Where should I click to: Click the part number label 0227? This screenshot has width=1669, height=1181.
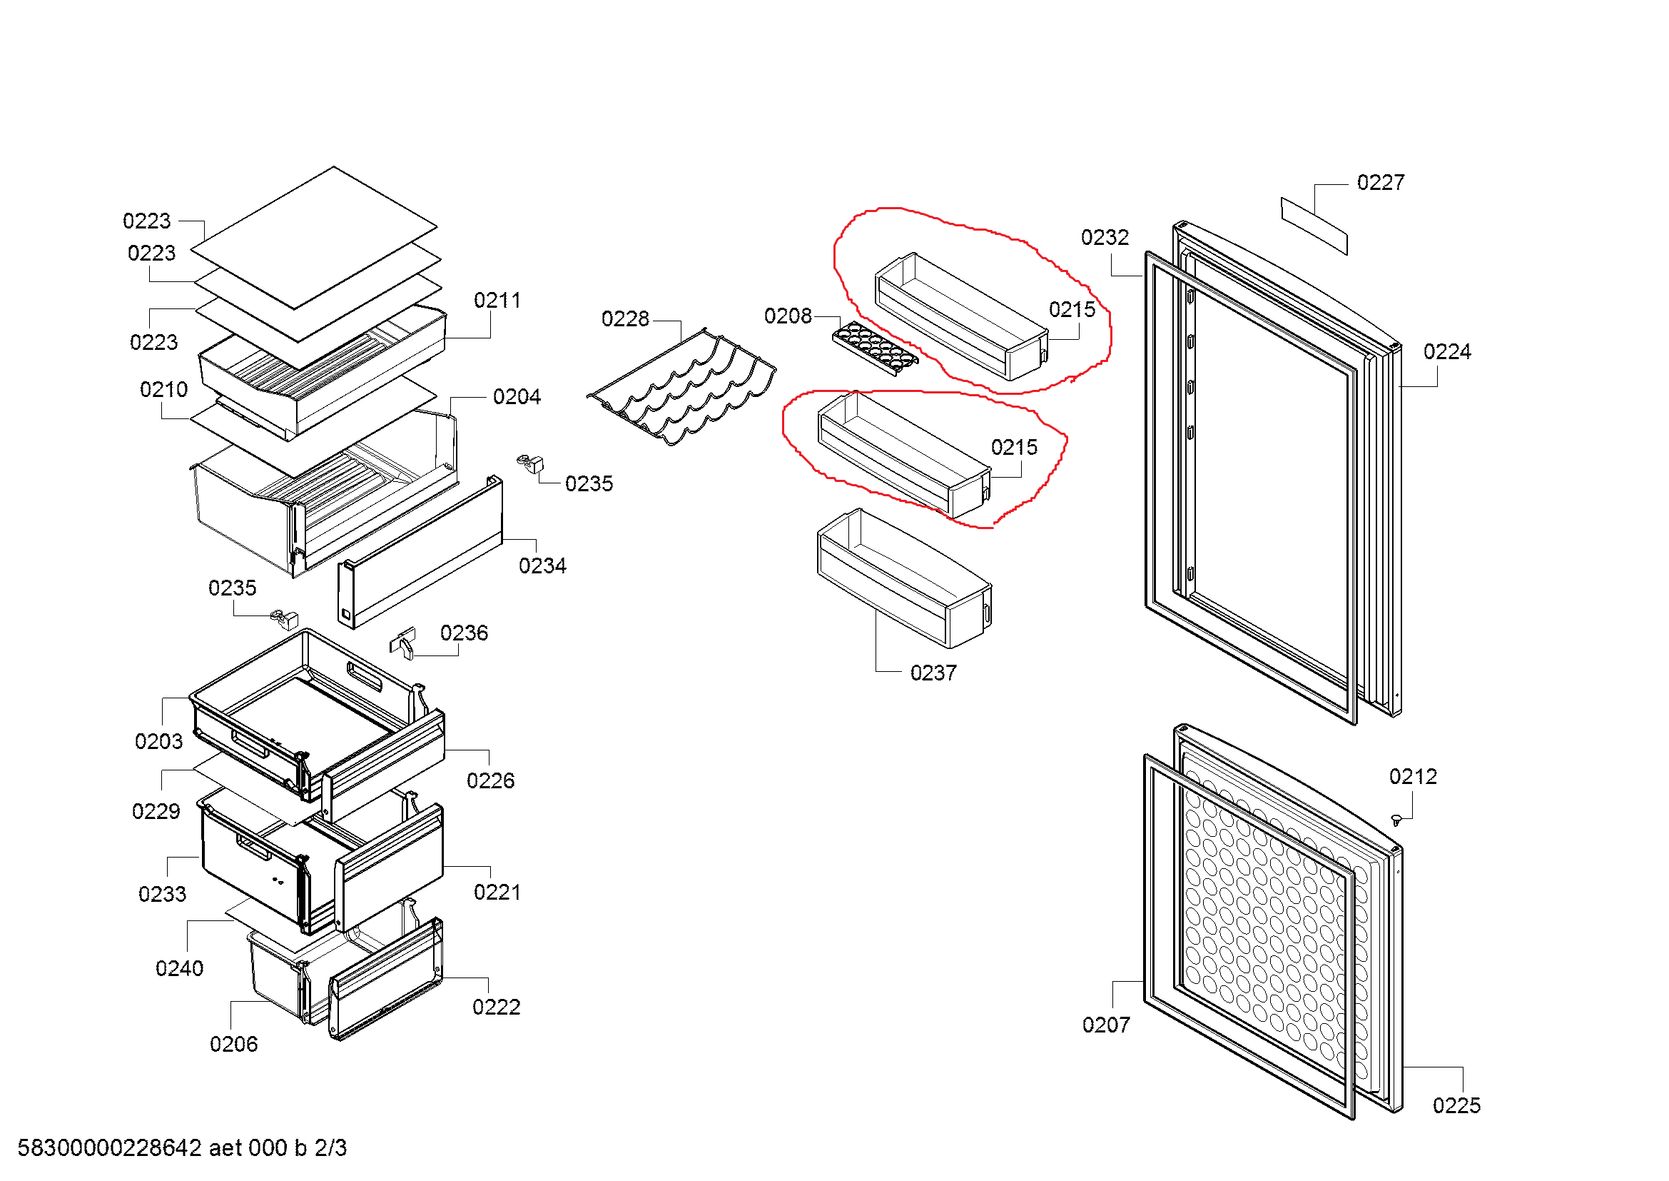1380,183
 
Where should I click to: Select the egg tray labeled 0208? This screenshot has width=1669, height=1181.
874,348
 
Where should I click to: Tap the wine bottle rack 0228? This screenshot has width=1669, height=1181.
682,388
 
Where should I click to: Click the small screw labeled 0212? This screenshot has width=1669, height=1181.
1396,820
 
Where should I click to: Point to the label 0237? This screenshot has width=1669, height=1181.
933,673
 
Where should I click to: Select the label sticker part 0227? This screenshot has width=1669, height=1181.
1314,226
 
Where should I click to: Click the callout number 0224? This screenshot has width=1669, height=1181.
1446,352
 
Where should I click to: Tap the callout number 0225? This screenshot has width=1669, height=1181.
1456,1106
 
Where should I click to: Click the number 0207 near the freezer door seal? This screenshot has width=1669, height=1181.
1105,1025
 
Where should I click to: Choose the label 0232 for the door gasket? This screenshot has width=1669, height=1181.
1104,238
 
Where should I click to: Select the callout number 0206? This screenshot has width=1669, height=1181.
233,1045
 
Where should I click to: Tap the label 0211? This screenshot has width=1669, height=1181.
497,301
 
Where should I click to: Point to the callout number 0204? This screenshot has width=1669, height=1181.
516,397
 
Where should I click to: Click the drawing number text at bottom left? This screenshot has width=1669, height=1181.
182,1148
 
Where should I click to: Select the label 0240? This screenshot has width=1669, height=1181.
180,969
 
